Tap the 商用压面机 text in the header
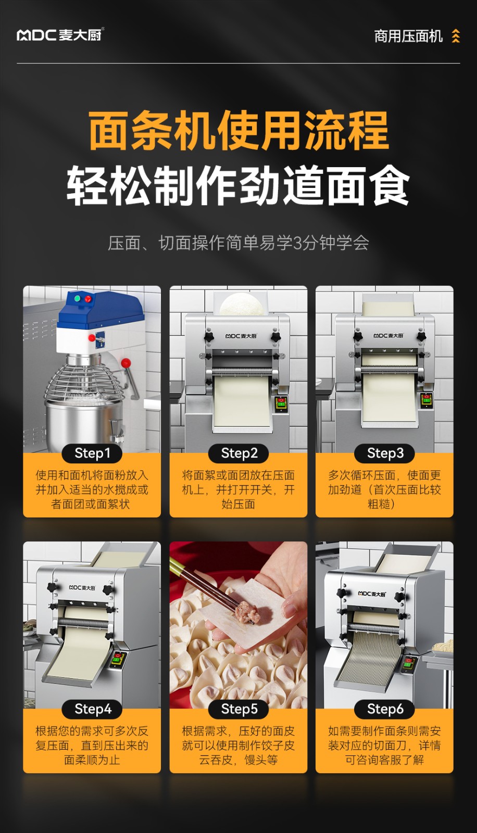click(x=408, y=36)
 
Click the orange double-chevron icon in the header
click(x=456, y=36)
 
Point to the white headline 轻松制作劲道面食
click(x=238, y=185)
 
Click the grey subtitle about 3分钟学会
click(x=238, y=243)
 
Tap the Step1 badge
click(x=92, y=453)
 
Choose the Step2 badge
click(x=238, y=453)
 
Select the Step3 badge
click(x=385, y=453)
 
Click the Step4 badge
click(x=92, y=709)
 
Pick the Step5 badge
click(x=238, y=709)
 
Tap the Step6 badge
click(x=385, y=709)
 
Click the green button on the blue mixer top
click(x=78, y=298)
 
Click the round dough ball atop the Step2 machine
click(x=242, y=304)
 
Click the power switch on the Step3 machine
click(x=426, y=400)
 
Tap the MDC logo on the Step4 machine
click(x=82, y=588)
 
